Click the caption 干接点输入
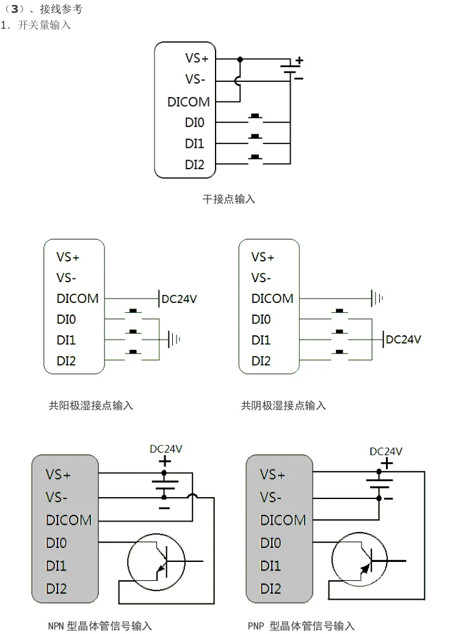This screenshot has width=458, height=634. pos(229,199)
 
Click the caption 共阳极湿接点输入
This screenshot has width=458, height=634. pos(91,405)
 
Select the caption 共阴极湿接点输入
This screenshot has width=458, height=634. pos(283,405)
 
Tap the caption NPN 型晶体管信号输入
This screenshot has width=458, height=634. pos(100,625)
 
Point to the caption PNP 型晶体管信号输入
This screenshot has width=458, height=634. pos(301,625)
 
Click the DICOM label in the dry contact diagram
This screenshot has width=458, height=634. pos(189,102)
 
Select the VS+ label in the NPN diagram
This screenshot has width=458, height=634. pos(59,475)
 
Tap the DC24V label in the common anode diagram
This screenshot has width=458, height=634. pos(180,299)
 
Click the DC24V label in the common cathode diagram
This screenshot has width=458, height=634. pos(403,340)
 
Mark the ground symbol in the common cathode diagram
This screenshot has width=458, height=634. pos(377,299)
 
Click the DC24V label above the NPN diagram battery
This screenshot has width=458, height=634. pos(166,448)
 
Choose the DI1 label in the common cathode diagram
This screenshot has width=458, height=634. pos(261,340)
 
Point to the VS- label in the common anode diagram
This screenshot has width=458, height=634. pos(67,278)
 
